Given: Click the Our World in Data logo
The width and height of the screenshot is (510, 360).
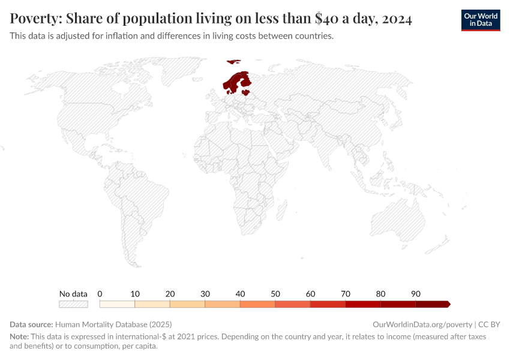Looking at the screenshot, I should click(480, 20).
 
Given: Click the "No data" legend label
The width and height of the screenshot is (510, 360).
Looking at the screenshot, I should click(73, 294).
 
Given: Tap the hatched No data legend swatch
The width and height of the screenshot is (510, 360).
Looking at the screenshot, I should click(73, 304).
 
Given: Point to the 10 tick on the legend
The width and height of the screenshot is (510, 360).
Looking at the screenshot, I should click(135, 294).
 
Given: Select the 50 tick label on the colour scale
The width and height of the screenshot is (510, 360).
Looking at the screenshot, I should click(275, 294).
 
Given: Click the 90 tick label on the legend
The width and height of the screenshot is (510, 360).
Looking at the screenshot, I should click(416, 294).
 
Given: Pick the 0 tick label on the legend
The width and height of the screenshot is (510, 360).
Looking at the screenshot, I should click(100, 294).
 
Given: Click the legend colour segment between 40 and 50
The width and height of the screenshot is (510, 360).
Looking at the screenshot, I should click(257, 304).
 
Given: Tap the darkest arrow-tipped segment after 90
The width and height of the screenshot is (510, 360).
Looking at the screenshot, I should click(432, 304).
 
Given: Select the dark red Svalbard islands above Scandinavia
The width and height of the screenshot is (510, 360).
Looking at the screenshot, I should click(233, 61).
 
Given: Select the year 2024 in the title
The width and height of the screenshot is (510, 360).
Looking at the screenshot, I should click(397, 19).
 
